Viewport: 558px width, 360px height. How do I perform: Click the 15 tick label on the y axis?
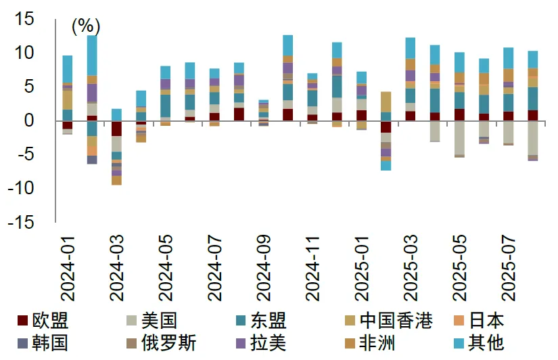(x=24, y=19)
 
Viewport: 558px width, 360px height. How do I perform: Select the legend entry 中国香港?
(x=396, y=320)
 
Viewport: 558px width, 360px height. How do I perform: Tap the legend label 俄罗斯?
(x=168, y=343)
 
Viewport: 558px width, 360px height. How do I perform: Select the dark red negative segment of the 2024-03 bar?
(x=116, y=129)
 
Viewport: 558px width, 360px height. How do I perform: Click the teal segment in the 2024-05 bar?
(x=165, y=106)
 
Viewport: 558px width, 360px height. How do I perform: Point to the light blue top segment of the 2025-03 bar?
(x=410, y=48)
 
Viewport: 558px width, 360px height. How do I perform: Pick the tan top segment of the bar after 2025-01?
(x=386, y=102)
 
